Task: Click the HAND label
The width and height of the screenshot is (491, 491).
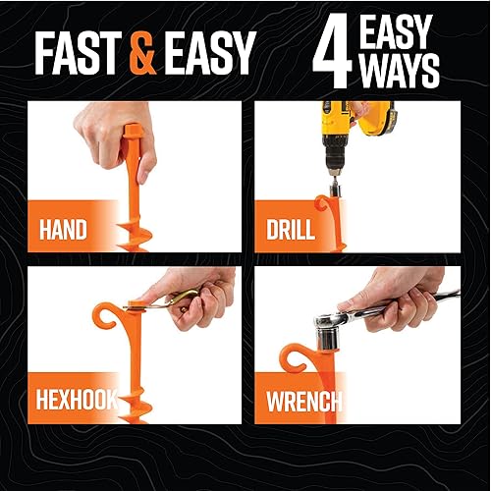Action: click(63, 232)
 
